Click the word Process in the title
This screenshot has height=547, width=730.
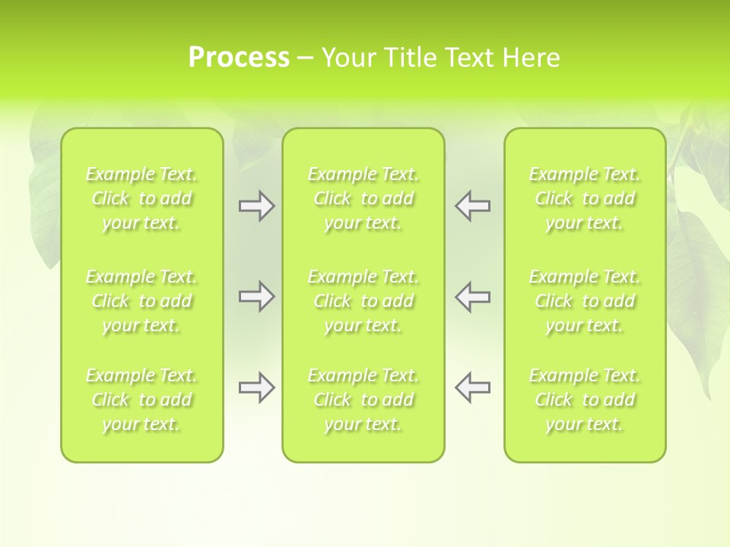239,58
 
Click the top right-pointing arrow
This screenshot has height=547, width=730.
256,206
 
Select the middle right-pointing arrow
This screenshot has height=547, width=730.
256,296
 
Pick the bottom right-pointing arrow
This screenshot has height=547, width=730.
256,387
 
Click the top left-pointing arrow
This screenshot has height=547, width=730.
472,206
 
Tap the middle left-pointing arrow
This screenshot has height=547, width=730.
472,296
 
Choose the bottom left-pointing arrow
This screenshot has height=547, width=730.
472,387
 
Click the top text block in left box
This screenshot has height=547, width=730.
141,199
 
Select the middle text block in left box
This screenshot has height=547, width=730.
141,301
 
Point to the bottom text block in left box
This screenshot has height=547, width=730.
141,400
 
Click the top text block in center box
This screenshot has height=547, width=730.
363,199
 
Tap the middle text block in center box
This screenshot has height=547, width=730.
363,301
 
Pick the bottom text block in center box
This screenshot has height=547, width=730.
363,400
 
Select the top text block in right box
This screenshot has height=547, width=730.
585,199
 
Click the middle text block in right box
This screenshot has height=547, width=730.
585,301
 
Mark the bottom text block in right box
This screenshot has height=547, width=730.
585,400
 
